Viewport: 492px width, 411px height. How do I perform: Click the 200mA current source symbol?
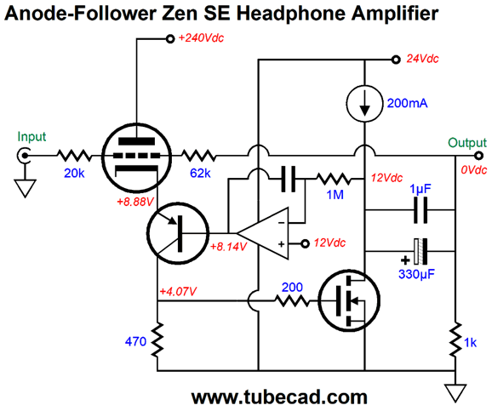[x=364, y=104]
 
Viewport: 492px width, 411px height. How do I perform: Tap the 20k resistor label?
[x=74, y=173]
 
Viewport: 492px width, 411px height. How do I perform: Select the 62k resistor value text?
[x=200, y=173]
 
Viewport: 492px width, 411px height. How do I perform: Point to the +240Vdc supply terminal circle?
[x=170, y=39]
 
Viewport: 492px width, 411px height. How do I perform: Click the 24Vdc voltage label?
[x=422, y=59]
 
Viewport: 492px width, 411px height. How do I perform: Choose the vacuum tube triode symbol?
[x=137, y=157]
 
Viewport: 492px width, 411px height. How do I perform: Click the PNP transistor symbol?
[x=178, y=233]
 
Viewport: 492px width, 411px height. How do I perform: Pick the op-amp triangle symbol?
[x=263, y=233]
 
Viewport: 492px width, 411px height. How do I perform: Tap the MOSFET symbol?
[x=349, y=300]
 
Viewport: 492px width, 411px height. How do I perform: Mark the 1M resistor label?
[x=335, y=195]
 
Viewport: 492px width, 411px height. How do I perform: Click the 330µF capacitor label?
[x=417, y=274]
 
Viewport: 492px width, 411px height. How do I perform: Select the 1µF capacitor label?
[x=420, y=189]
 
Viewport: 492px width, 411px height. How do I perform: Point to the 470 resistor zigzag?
[x=157, y=340]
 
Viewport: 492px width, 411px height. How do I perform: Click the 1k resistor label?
[x=470, y=343]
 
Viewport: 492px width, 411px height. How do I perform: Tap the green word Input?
[x=31, y=137]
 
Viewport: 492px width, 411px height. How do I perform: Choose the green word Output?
[x=467, y=143]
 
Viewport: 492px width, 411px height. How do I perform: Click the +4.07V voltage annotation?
[x=178, y=292]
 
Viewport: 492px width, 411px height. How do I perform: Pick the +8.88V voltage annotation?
[x=135, y=202]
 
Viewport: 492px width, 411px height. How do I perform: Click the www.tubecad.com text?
[x=279, y=397]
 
